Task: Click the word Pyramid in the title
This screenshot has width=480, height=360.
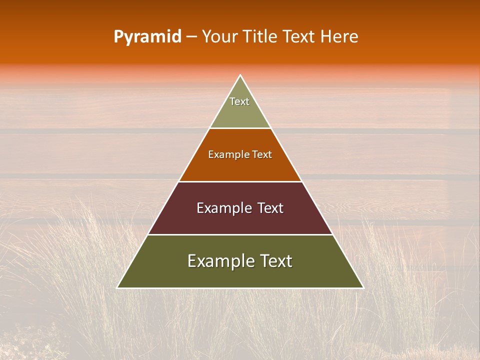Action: point(147,37)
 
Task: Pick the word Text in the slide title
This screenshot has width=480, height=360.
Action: point(299,36)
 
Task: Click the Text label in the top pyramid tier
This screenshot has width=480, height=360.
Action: point(239,101)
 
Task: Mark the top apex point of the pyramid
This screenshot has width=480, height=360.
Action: point(240,75)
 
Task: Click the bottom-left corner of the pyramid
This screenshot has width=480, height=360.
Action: point(117,288)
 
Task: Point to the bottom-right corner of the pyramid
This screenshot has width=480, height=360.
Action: point(363,288)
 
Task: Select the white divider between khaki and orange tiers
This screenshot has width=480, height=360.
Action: point(240,128)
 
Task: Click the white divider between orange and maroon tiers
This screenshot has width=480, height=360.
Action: point(240,181)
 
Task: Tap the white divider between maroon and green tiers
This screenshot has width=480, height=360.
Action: point(240,234)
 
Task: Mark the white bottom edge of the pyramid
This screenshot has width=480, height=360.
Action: point(240,288)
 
